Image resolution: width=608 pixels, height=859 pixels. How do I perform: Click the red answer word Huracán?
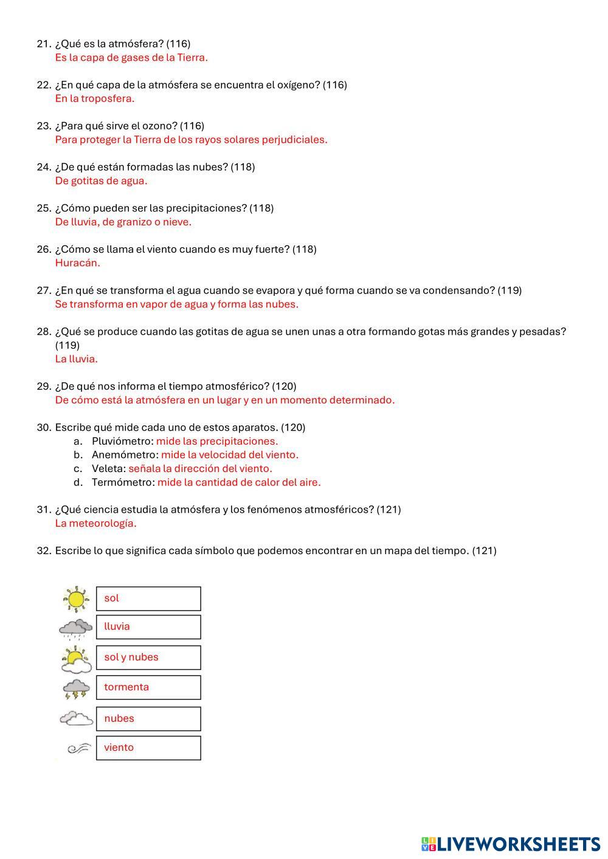click(77, 263)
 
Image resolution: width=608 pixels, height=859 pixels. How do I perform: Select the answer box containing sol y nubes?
click(148, 657)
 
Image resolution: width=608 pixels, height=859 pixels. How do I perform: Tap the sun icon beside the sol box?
click(76, 599)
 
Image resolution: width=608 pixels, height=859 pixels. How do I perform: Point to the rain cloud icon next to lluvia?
click(75, 628)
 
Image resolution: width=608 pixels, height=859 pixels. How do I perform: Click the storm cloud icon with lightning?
click(76, 688)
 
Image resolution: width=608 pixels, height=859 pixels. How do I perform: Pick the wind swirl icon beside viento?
click(78, 748)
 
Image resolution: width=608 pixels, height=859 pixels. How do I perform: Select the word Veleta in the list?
click(108, 468)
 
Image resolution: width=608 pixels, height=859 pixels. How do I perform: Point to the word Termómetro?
click(123, 482)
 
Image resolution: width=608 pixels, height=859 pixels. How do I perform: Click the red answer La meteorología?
click(95, 523)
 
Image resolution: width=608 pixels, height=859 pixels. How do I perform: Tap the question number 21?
click(44, 44)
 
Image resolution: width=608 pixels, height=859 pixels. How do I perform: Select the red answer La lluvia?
click(76, 359)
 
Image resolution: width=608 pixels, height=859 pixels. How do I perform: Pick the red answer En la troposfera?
click(94, 98)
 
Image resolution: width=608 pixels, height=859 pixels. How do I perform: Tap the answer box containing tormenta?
click(148, 687)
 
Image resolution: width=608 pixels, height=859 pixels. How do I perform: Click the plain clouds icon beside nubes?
click(76, 719)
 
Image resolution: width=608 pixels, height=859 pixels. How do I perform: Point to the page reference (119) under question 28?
click(67, 345)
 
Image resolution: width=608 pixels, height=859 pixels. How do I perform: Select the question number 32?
click(44, 551)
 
